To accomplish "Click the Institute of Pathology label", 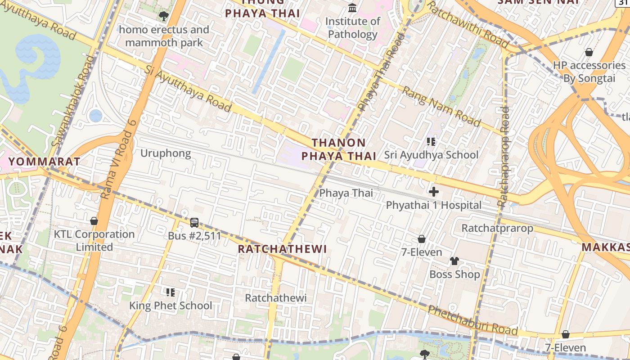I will [x=352, y=27].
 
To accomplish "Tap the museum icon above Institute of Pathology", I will [x=352, y=8].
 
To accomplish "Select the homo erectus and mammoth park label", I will [x=164, y=36].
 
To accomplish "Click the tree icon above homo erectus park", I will [x=163, y=17].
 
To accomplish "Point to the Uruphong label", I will [x=166, y=153].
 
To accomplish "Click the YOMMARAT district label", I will [x=45, y=162].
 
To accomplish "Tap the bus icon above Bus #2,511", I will [x=194, y=222].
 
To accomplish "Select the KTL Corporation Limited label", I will [x=94, y=240].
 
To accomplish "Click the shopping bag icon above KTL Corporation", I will [x=94, y=221].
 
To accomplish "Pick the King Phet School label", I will [x=171, y=306].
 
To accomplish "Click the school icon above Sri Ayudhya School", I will [x=431, y=142].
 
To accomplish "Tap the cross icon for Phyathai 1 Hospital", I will [x=434, y=192].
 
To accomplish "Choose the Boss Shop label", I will [x=454, y=274].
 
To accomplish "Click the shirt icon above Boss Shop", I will [x=454, y=261].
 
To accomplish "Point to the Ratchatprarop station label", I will [x=497, y=228].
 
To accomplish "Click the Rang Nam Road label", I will [x=441, y=106].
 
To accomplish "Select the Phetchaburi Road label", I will [x=472, y=320].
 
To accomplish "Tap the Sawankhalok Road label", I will [x=73, y=101].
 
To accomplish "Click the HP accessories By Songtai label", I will [x=589, y=72].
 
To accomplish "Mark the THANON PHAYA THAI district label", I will [x=338, y=149].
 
